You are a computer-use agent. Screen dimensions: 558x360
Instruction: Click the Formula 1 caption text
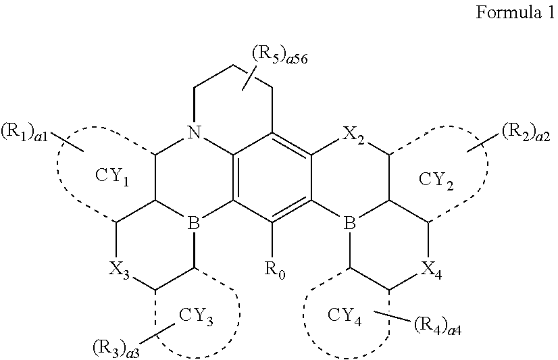pos(515,13)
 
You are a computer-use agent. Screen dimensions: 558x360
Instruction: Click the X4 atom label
pos(429,268)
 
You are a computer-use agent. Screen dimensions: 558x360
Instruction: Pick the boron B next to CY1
pos(194,224)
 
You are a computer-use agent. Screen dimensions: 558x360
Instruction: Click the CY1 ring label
pos(114,179)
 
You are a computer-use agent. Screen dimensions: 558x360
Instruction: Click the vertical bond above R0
pos(273,238)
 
